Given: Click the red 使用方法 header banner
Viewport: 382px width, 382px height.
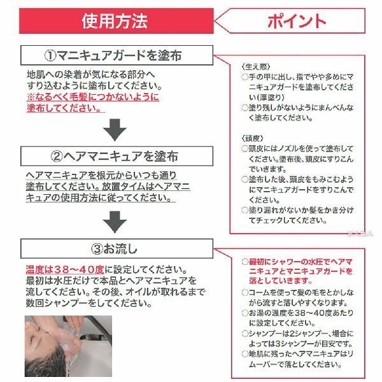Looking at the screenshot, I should pyautogui.click(x=115, y=21).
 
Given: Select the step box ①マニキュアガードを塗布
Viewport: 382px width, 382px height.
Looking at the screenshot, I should pyautogui.click(x=115, y=55).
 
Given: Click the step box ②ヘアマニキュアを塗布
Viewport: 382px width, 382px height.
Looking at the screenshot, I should pyautogui.click(x=115, y=155).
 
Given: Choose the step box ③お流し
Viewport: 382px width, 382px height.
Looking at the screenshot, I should pyautogui.click(x=115, y=246).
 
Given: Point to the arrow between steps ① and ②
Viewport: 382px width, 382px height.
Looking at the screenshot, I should pyautogui.click(x=115, y=129).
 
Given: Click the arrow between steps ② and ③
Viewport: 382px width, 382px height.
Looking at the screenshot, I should pyautogui.click(x=115, y=221).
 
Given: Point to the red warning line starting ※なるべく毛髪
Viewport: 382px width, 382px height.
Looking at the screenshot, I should pyautogui.click(x=92, y=97).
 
